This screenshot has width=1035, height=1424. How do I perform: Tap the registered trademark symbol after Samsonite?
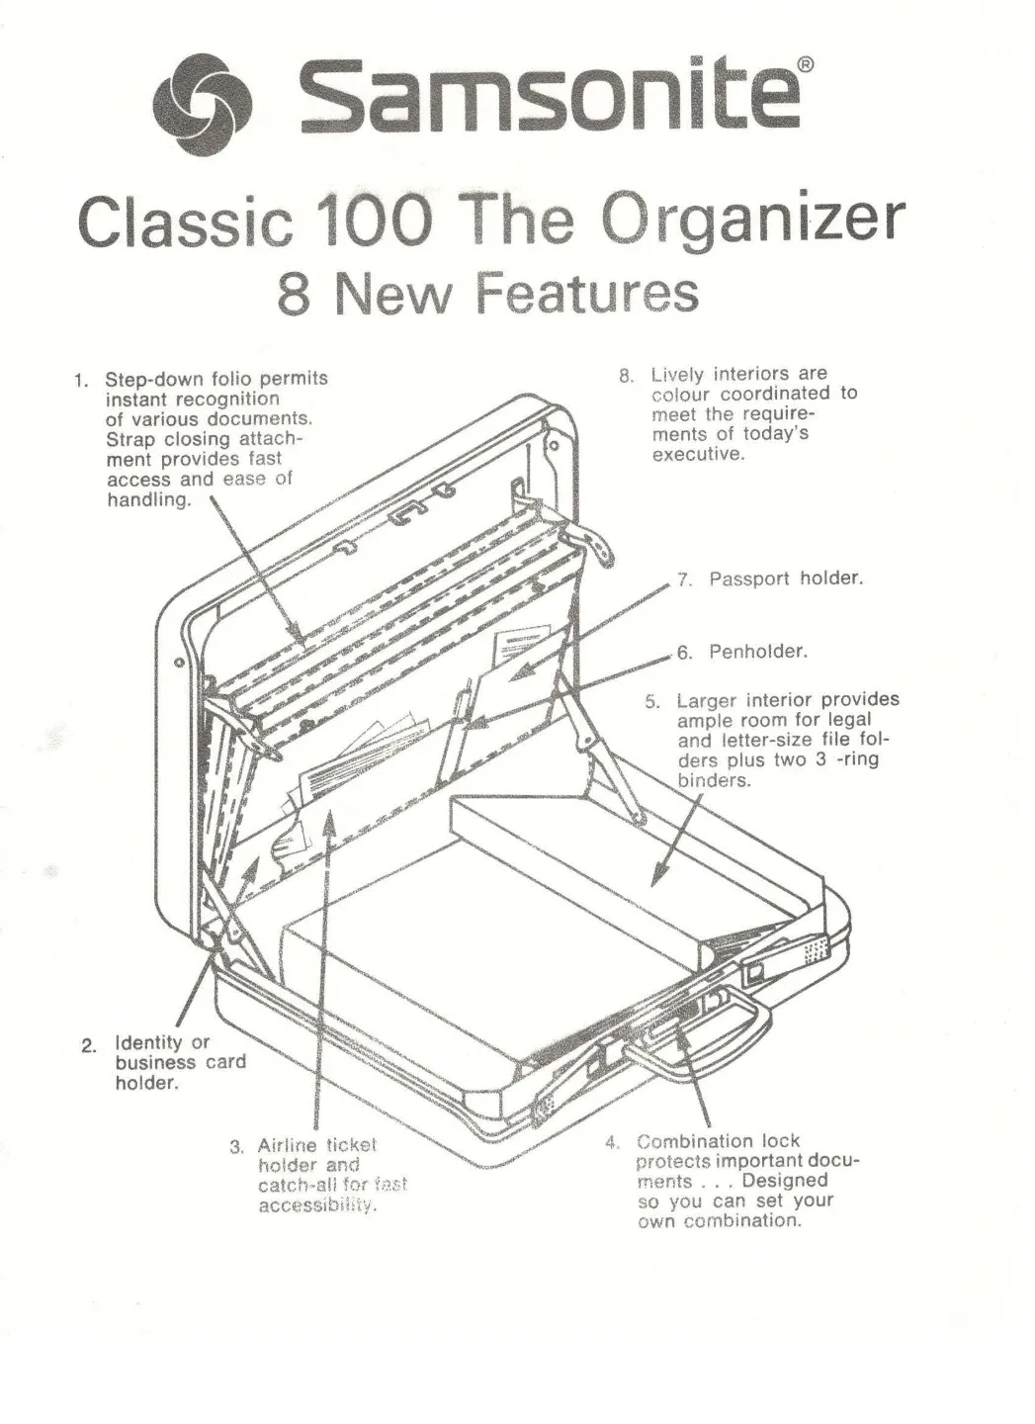(806, 65)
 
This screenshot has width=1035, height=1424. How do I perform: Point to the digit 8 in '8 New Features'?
(293, 294)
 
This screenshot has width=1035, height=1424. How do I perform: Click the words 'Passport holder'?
(786, 578)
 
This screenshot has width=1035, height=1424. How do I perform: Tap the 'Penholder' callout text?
(758, 652)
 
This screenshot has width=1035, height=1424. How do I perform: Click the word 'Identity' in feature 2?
(148, 1042)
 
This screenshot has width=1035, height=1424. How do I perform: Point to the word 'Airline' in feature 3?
(288, 1145)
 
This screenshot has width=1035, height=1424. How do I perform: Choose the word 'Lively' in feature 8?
(677, 374)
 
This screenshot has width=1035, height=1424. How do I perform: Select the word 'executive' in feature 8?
(696, 455)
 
